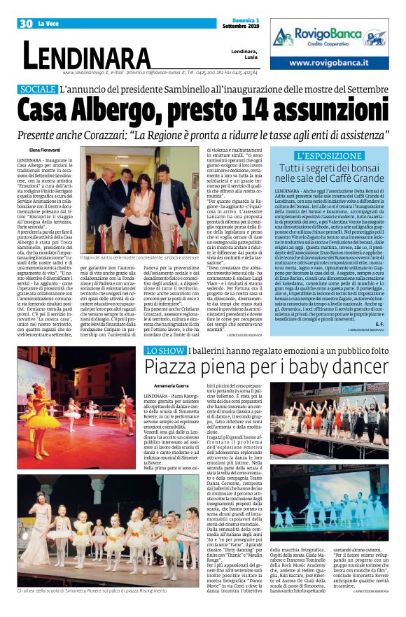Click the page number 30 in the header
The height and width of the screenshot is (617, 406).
(27, 24)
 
